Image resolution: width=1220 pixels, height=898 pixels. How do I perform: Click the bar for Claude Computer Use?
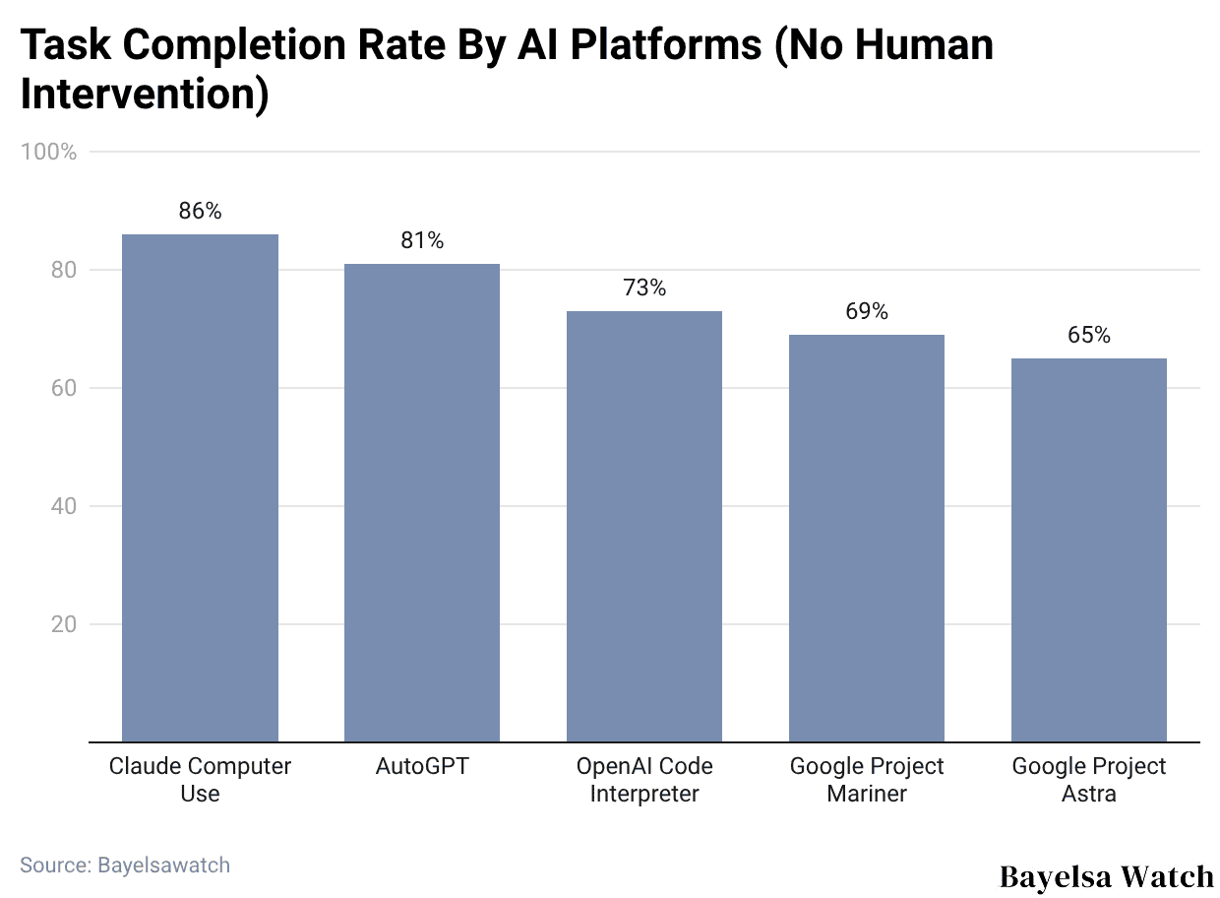pos(200,487)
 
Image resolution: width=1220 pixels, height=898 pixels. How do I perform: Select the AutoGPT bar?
pos(422,502)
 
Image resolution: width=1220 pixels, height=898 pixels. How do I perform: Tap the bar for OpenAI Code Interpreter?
pos(644,526)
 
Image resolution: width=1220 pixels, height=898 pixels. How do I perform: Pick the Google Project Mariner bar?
pos(867,538)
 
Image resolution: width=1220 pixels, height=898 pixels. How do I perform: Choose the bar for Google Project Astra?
pos(1089,549)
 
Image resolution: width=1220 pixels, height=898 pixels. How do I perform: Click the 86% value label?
pos(200,211)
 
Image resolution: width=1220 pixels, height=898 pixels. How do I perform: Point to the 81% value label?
pos(422,240)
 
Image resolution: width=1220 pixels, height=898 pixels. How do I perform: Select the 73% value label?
pos(644,288)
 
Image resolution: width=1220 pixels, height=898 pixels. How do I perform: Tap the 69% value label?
pos(867,311)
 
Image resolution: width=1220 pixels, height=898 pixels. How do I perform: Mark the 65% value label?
pos(1089,335)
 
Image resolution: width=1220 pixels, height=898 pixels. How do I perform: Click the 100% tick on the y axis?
pos(48,152)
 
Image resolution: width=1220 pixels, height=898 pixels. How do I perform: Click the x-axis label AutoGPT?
pos(422,766)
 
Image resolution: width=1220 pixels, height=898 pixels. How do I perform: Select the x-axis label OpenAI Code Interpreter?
pos(644,780)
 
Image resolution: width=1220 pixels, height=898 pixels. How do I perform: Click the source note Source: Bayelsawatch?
pos(125,865)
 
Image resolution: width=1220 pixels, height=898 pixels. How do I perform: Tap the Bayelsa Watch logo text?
pos(1106,875)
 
